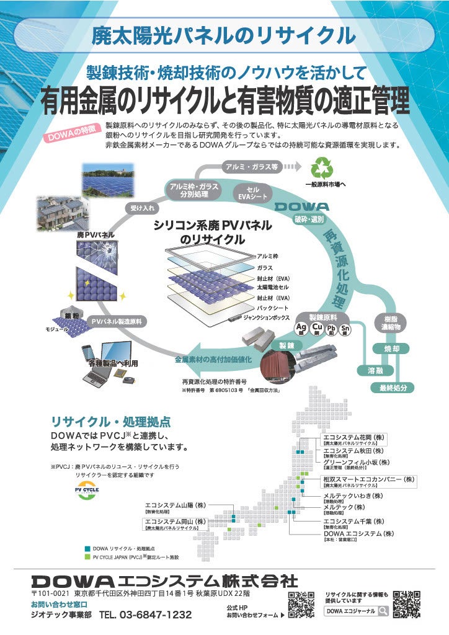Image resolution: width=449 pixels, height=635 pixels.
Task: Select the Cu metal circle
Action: click(x=317, y=327)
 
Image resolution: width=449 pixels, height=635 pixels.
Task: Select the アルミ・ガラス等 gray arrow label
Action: click(x=251, y=166)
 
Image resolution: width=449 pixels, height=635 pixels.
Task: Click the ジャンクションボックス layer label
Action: click(x=266, y=317)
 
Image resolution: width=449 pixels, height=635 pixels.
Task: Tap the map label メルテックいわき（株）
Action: click(x=353, y=496)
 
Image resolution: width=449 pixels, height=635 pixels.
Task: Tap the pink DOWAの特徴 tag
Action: click(x=73, y=133)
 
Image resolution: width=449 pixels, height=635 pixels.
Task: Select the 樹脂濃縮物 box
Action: click(x=391, y=322)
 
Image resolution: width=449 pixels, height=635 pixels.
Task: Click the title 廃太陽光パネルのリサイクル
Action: click(x=224, y=35)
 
